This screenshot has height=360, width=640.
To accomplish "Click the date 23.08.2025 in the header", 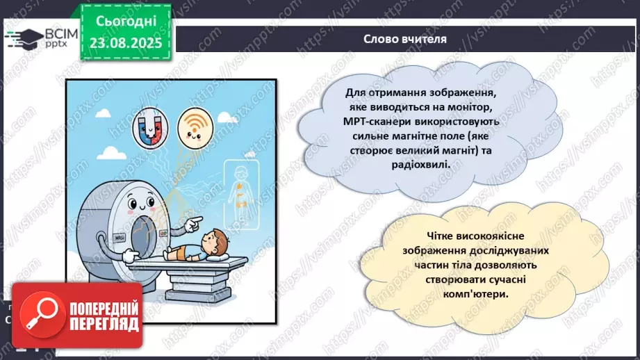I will coord(125,42).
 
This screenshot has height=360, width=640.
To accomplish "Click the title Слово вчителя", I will coord(405,38).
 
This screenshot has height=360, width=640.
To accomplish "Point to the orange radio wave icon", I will coord(195,126).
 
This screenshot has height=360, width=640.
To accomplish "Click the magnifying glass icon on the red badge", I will coord(40,315).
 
